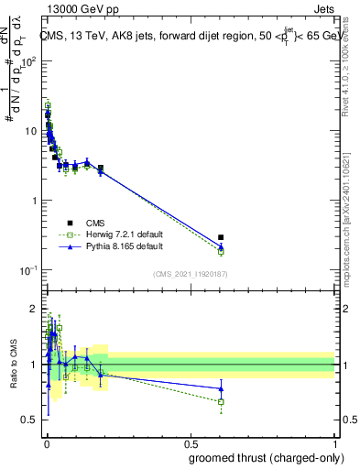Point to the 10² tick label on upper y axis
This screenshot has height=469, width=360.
click(27, 61)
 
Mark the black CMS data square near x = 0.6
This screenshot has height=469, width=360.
click(221, 237)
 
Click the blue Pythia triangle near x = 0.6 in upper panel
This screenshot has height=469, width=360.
click(221, 245)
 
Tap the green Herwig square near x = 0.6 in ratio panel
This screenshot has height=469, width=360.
click(221, 401)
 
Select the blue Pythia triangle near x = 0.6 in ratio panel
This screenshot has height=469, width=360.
click(221, 388)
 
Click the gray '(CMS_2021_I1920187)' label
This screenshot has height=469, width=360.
click(191, 274)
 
